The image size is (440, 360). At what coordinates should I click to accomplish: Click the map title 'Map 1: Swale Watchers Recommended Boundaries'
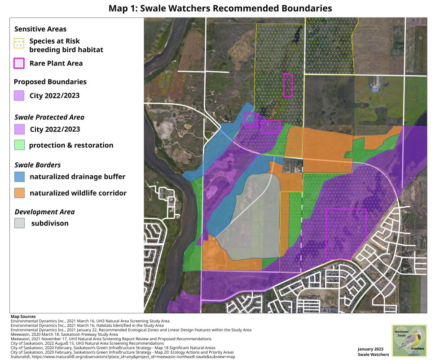220,8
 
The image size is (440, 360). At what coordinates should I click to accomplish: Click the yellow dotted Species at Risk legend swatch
19,43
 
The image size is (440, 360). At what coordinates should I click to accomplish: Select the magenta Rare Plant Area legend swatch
19,63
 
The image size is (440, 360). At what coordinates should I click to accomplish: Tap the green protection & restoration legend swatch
19,145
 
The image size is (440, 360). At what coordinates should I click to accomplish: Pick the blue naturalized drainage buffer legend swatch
19,177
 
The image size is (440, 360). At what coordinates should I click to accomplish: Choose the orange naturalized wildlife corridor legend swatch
19,193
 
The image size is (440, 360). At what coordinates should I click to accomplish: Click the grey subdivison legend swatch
19,223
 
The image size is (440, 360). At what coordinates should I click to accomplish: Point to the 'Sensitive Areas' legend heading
40,29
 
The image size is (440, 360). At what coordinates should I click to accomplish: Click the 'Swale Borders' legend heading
38,165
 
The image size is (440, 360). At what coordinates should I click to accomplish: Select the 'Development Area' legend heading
44,212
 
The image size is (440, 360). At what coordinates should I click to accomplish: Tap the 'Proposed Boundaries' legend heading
50,82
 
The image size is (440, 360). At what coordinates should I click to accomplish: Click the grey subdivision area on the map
251,216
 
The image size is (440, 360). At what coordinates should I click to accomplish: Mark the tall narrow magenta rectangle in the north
288,85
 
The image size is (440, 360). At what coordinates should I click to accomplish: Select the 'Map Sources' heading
23,317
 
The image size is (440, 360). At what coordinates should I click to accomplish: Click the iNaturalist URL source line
121,357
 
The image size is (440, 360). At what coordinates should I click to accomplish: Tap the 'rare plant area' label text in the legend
56,63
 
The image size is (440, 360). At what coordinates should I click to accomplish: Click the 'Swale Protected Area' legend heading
49,117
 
